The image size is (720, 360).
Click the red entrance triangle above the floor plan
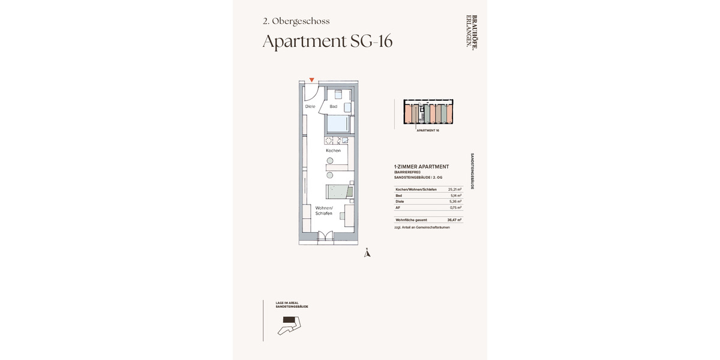[x=311, y=80]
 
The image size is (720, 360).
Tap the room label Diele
[x=310, y=107]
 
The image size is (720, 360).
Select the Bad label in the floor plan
[x=333, y=107]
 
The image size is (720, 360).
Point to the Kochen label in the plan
[x=333, y=151]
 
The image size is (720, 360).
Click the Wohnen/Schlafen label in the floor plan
[x=324, y=211]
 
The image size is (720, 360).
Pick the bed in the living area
[x=338, y=192]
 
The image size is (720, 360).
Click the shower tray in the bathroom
[x=337, y=124]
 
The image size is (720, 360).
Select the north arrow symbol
[x=368, y=253]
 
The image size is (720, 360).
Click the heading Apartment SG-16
[x=328, y=41]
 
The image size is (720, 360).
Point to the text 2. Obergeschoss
[x=296, y=21]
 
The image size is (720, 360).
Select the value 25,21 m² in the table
[x=454, y=190]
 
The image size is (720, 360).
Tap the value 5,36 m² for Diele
[x=455, y=202]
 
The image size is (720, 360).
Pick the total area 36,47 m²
[x=454, y=220]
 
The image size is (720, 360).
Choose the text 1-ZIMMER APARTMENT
[x=421, y=167]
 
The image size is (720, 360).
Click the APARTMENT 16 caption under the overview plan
[x=428, y=130]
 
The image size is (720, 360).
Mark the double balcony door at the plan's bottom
[x=325, y=238]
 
